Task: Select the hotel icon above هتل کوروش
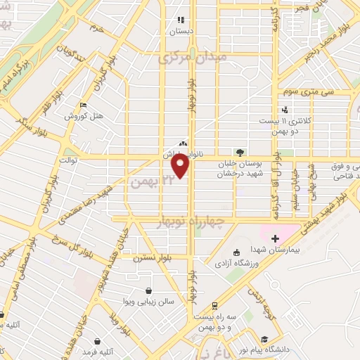[x=84, y=105]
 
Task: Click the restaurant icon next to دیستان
[x=181, y=20]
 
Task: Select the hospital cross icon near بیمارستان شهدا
[x=275, y=238]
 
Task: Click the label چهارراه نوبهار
[x=191, y=223]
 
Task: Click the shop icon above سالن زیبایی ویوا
[x=149, y=290]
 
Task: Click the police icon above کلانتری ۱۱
[x=285, y=110]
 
